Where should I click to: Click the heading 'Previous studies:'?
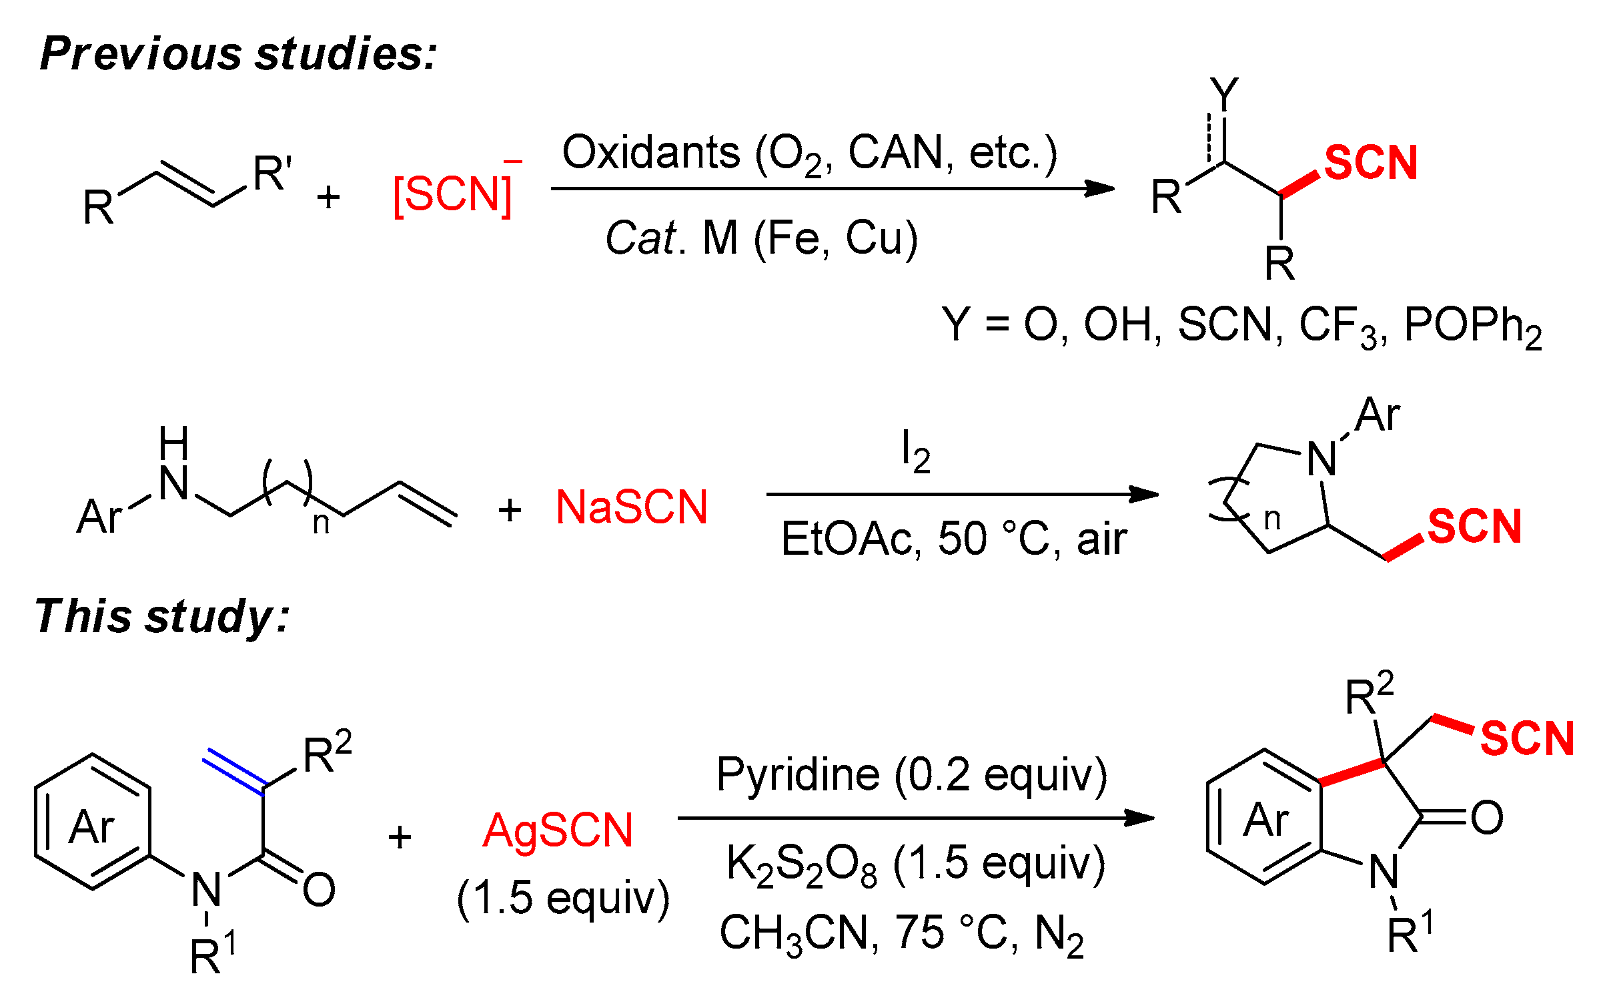tap(237, 53)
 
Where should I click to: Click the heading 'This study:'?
tap(162, 616)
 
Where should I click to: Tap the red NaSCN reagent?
tap(631, 507)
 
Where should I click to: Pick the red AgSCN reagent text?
tap(558, 831)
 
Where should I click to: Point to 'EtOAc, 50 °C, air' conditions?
tap(953, 539)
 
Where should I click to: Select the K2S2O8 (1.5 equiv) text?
tap(915, 863)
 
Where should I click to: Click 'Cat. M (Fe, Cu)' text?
tap(761, 238)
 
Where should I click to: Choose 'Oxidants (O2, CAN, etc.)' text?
tap(809, 153)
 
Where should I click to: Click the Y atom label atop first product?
tap(1224, 93)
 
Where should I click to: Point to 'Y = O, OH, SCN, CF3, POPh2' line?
tap(1241, 325)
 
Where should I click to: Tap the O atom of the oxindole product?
tap(1487, 818)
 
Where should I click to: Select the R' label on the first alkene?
tap(272, 174)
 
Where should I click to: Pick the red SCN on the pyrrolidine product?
tap(1474, 526)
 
